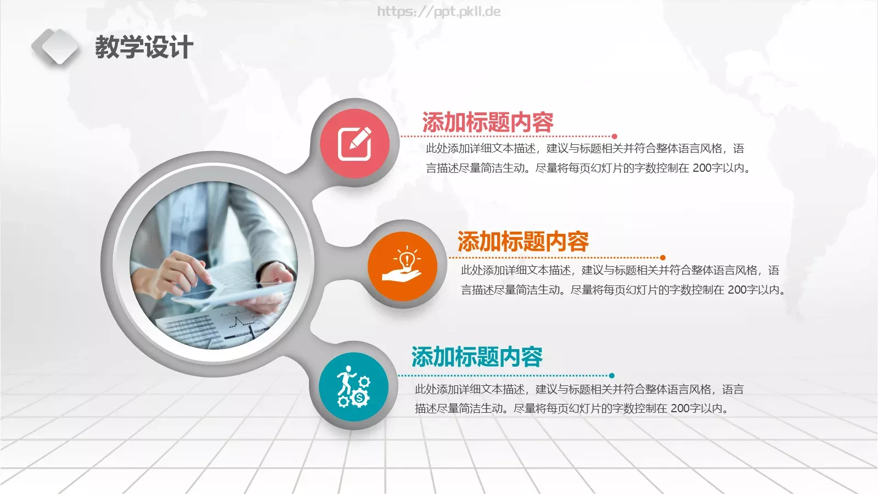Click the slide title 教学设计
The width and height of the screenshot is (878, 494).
[144, 47]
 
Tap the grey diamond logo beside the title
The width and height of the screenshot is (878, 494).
[54, 47]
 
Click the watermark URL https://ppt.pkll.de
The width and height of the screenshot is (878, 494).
[439, 12]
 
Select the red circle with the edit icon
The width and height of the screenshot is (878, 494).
[354, 143]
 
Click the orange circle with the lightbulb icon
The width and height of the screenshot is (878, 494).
[402, 266]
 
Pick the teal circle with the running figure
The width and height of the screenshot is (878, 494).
[353, 387]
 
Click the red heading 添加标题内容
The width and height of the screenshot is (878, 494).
[488, 122]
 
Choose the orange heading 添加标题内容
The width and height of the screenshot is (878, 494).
[523, 242]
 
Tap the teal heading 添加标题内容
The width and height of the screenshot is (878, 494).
[477, 357]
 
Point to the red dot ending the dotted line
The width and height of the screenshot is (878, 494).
[615, 136]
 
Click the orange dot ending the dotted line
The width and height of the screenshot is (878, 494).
[663, 257]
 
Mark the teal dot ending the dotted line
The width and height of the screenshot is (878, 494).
[612, 376]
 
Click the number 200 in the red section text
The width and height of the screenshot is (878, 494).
[702, 168]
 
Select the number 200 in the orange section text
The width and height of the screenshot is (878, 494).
[737, 290]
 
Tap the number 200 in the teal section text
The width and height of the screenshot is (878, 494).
[680, 408]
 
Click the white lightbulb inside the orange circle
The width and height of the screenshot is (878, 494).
[407, 260]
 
